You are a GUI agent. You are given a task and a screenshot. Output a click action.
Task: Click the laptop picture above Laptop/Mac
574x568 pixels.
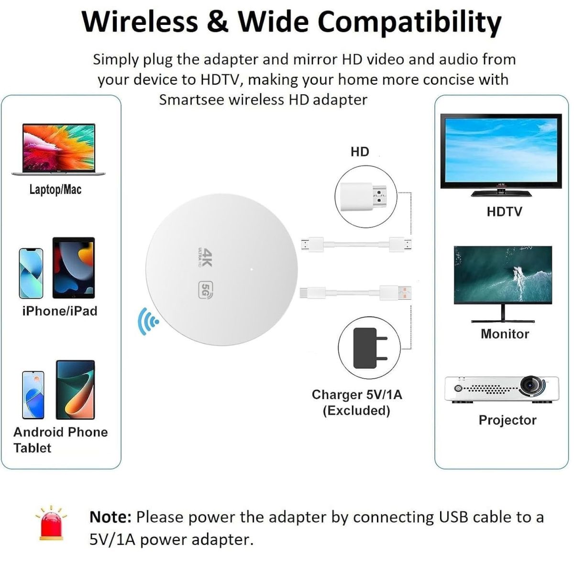point(59,149)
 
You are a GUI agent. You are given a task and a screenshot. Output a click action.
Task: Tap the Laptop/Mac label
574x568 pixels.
point(55,190)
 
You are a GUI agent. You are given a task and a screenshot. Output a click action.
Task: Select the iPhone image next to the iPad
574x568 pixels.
point(31,273)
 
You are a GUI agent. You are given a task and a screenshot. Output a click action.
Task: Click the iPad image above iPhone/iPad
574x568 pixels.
point(74,268)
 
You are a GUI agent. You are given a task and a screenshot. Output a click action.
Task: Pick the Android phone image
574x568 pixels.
point(33,395)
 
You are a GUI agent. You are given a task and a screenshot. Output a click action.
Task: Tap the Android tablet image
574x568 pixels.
point(76,390)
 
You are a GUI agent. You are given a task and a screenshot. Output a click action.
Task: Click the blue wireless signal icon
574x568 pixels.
point(148,321)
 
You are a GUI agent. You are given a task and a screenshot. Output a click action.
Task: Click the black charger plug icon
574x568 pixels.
point(370,348)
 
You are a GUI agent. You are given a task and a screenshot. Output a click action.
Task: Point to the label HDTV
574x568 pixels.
point(504,212)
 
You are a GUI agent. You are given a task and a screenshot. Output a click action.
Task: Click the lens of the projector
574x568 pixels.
point(531,385)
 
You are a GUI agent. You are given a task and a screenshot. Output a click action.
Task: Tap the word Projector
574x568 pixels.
point(508,420)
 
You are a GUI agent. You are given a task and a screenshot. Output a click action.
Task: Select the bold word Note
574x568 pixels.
point(110,517)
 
